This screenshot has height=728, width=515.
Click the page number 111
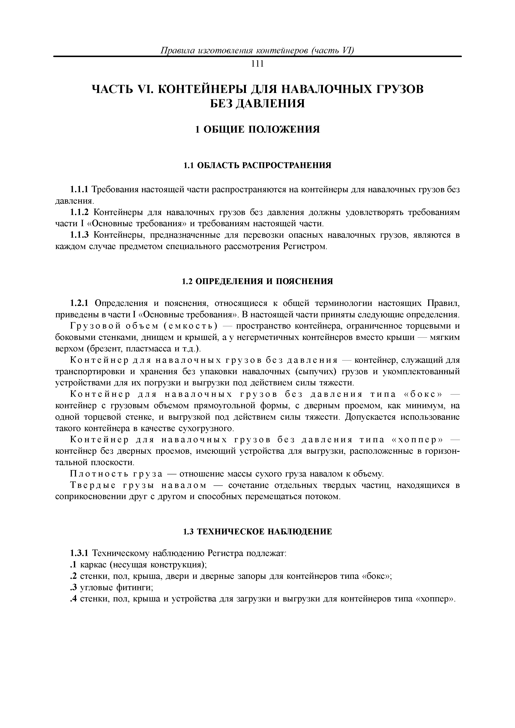point(257,64)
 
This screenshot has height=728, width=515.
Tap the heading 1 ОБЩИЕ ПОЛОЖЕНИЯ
point(257,129)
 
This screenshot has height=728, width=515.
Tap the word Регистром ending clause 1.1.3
point(304,246)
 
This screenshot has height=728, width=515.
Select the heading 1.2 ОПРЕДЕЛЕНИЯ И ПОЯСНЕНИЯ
point(257,281)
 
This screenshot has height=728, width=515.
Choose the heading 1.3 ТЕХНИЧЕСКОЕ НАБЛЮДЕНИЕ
point(257,532)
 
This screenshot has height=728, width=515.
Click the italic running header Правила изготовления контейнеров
point(235,51)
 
